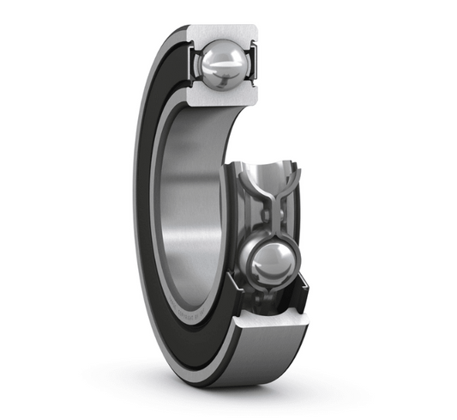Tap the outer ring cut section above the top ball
click(x=221, y=33)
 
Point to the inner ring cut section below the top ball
click(x=221, y=95)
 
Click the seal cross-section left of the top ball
click(x=193, y=62)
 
